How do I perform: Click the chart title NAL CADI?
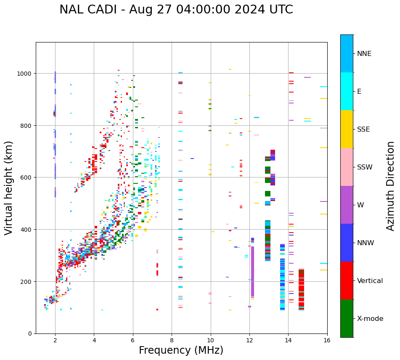[x=176, y=10]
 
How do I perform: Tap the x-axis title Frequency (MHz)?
[x=181, y=350]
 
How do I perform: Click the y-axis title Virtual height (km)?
[x=9, y=188]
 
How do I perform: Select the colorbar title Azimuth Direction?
[x=391, y=186]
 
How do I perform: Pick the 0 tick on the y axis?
[x=30, y=334]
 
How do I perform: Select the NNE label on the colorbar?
[x=364, y=53]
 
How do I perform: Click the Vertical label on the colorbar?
[x=370, y=281]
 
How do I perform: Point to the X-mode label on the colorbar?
[x=370, y=318]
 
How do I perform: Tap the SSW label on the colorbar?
[x=365, y=167]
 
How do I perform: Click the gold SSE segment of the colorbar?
[x=347, y=129]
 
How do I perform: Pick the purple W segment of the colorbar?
[x=347, y=205]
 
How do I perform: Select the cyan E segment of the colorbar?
[x=347, y=91]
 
